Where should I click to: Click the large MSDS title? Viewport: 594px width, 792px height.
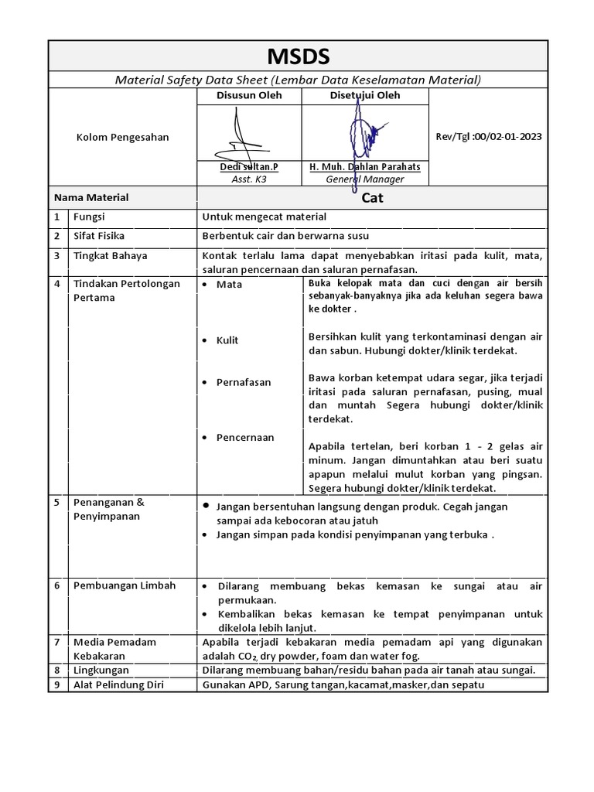tap(298, 56)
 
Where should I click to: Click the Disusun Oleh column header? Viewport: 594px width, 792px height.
tap(248, 96)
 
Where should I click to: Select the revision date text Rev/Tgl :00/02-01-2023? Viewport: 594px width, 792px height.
tap(488, 137)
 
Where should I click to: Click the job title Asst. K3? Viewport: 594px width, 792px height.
tap(248, 179)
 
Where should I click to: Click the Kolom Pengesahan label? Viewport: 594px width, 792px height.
tap(122, 137)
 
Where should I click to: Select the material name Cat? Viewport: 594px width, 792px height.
tap(372, 198)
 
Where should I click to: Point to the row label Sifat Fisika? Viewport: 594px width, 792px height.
tap(98, 236)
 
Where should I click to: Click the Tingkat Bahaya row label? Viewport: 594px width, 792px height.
tap(110, 255)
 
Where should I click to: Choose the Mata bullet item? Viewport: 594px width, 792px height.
tap(229, 285)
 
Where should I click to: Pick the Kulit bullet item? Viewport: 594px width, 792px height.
tap(227, 340)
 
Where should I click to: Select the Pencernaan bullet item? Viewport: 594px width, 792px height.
tap(244, 438)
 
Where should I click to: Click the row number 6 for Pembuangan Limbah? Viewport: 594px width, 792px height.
tap(57, 585)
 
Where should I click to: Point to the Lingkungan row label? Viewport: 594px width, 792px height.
tap(101, 670)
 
